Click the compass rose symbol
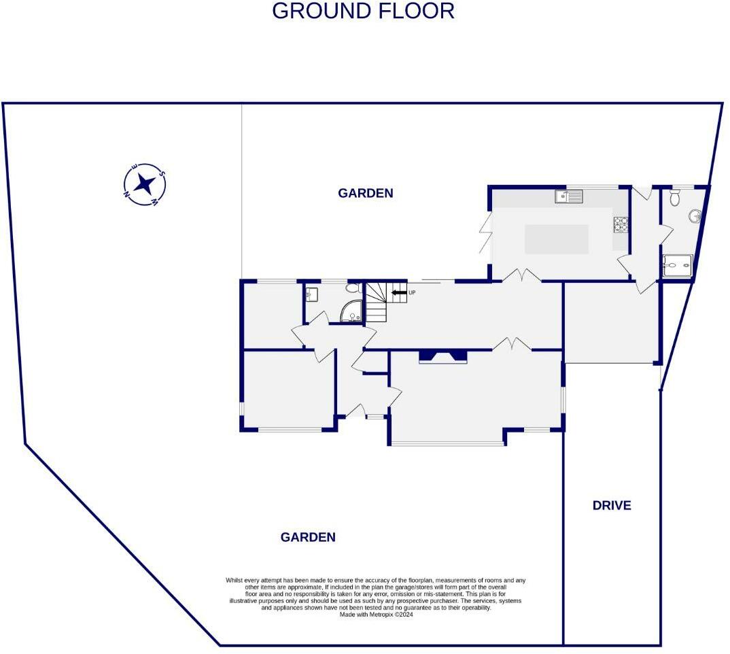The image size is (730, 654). (145, 184)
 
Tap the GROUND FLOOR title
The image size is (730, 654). (363, 12)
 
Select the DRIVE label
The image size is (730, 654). (612, 505)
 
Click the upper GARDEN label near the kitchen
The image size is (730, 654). (366, 193)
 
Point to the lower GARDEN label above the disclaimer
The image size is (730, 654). (308, 537)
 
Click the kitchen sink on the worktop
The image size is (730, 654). (569, 196)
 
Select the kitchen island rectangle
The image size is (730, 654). (557, 239)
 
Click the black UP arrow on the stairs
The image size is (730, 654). (398, 292)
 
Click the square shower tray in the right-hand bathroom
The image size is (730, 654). (676, 266)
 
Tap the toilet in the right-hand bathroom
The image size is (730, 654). (674, 197)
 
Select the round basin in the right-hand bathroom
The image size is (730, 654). (695, 216)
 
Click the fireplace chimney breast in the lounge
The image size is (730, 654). (443, 356)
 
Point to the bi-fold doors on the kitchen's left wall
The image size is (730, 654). (485, 233)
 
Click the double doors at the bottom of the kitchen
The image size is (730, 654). (521, 276)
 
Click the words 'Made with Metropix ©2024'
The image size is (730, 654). (377, 614)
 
